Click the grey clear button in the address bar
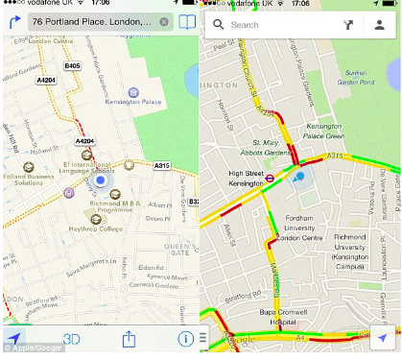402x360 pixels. click(165, 21)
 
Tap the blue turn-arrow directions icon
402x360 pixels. click(13, 20)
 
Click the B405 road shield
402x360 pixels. click(72, 65)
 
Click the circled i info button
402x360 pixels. click(185, 339)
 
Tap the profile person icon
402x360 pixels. click(379, 25)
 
